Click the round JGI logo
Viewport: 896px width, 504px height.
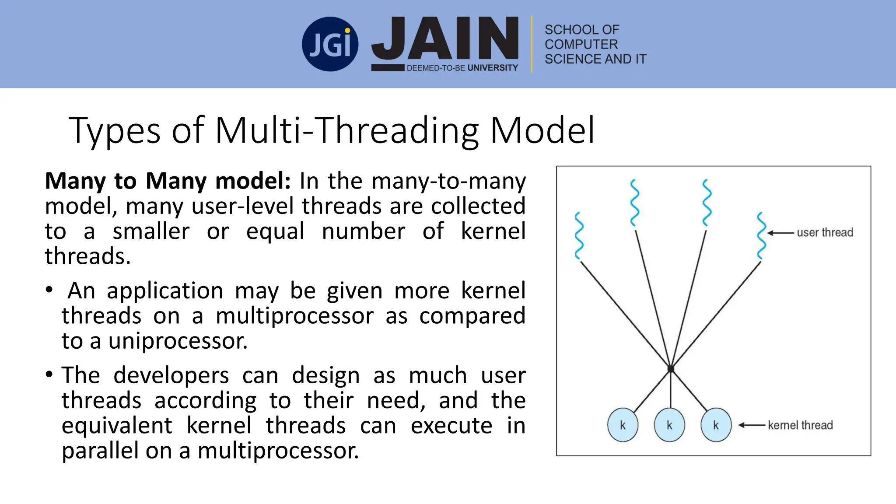330,44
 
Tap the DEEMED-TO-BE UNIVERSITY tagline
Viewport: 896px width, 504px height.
462,68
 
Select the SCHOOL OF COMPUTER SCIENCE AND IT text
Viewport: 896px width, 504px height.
595,44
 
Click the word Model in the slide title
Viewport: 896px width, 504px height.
542,130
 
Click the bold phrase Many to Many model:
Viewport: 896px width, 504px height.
168,181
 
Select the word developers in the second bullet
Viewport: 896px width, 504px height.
171,375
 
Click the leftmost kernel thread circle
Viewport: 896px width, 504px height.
623,425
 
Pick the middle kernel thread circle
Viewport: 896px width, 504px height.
669,425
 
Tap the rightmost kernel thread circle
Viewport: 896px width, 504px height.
716,425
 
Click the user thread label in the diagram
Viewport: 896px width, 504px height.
825,233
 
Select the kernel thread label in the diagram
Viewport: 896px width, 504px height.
800,425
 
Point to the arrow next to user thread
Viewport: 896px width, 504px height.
780,233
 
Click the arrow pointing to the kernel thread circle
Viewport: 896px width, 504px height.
752,425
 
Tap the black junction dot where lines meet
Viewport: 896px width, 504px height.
671,369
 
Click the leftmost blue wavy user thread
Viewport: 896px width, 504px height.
579,236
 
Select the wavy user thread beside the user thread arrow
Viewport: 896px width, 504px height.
761,236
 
